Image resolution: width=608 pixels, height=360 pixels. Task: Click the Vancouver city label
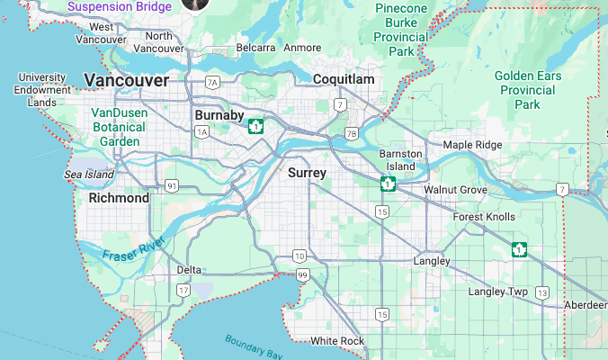126,81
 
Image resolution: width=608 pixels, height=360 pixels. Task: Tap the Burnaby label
219,115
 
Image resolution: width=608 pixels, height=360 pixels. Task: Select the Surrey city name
307,172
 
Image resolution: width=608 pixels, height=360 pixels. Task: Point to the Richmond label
119,198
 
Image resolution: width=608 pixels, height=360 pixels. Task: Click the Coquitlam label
343,80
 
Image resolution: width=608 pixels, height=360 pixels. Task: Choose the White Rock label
337,341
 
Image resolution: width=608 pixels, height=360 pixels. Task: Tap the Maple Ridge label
472,145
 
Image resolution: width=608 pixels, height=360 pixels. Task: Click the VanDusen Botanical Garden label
120,127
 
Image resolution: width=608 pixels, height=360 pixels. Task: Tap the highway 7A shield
212,82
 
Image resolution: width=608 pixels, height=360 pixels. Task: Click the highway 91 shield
171,186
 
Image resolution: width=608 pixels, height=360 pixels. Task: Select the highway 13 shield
542,292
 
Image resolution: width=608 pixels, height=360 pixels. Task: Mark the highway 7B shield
351,134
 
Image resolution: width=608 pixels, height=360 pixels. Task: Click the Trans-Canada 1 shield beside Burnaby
256,126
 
